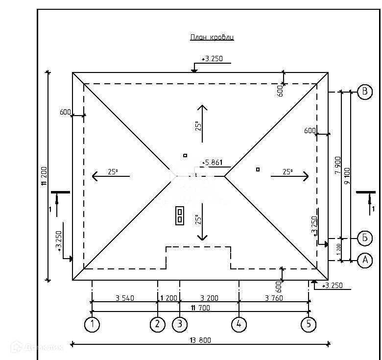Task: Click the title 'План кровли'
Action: pyautogui.click(x=212, y=38)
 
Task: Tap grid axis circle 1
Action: pyautogui.click(x=92, y=324)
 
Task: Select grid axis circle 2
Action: pyautogui.click(x=157, y=324)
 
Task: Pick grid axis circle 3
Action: pyautogui.click(x=179, y=324)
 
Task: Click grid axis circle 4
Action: pyautogui.click(x=239, y=324)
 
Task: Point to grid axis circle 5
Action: pyautogui.click(x=309, y=324)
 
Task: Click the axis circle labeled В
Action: pyautogui.click(x=364, y=92)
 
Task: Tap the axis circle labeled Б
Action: pyautogui.click(x=364, y=239)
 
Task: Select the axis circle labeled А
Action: pyautogui.click(x=364, y=261)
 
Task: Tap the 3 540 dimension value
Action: pyautogui.click(x=125, y=298)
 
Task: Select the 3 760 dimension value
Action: pyautogui.click(x=274, y=298)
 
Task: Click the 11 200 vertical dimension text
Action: pyautogui.click(x=44, y=176)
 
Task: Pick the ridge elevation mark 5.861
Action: pyautogui.click(x=214, y=162)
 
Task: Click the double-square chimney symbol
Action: pyautogui.click(x=180, y=216)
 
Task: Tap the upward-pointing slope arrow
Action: pyautogui.click(x=201, y=122)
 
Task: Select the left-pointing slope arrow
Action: pyautogui.click(x=111, y=175)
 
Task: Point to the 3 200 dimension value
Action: pyautogui.click(x=209, y=298)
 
